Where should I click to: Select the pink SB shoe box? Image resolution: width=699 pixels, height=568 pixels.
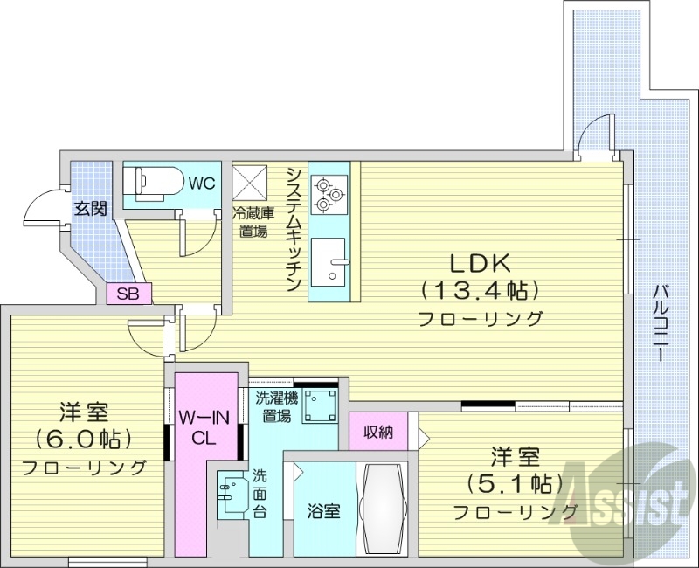(x=128, y=294)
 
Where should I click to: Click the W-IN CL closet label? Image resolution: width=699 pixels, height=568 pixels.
(x=205, y=427)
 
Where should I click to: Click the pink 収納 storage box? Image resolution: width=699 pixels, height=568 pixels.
(x=378, y=431)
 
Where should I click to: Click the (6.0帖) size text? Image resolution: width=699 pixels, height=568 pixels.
(x=83, y=438)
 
